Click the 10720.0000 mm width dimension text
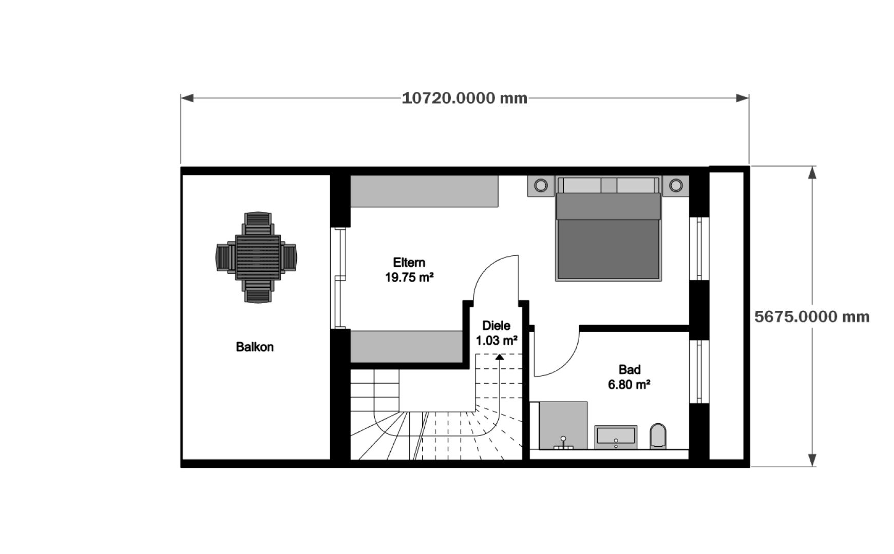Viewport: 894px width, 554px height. point(464,98)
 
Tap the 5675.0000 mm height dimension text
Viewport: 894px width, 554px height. point(812,316)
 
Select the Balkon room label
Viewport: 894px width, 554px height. point(255,347)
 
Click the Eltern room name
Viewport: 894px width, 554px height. point(409,262)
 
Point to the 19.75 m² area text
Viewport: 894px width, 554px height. point(409,278)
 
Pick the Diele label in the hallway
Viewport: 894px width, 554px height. point(496,325)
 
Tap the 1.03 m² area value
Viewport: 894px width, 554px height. point(496,340)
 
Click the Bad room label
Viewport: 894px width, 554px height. point(629,369)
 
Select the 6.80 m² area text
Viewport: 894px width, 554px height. point(629,384)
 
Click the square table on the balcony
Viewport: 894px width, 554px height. point(258,257)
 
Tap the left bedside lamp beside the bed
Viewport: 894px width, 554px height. point(541,185)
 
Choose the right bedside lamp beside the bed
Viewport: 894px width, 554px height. point(675,185)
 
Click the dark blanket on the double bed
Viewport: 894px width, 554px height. point(608,249)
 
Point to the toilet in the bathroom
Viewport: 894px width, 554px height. point(658,436)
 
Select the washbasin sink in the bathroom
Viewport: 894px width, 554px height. point(616,436)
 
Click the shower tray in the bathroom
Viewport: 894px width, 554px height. point(563,425)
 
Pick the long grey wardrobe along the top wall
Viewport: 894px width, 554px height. point(424,191)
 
